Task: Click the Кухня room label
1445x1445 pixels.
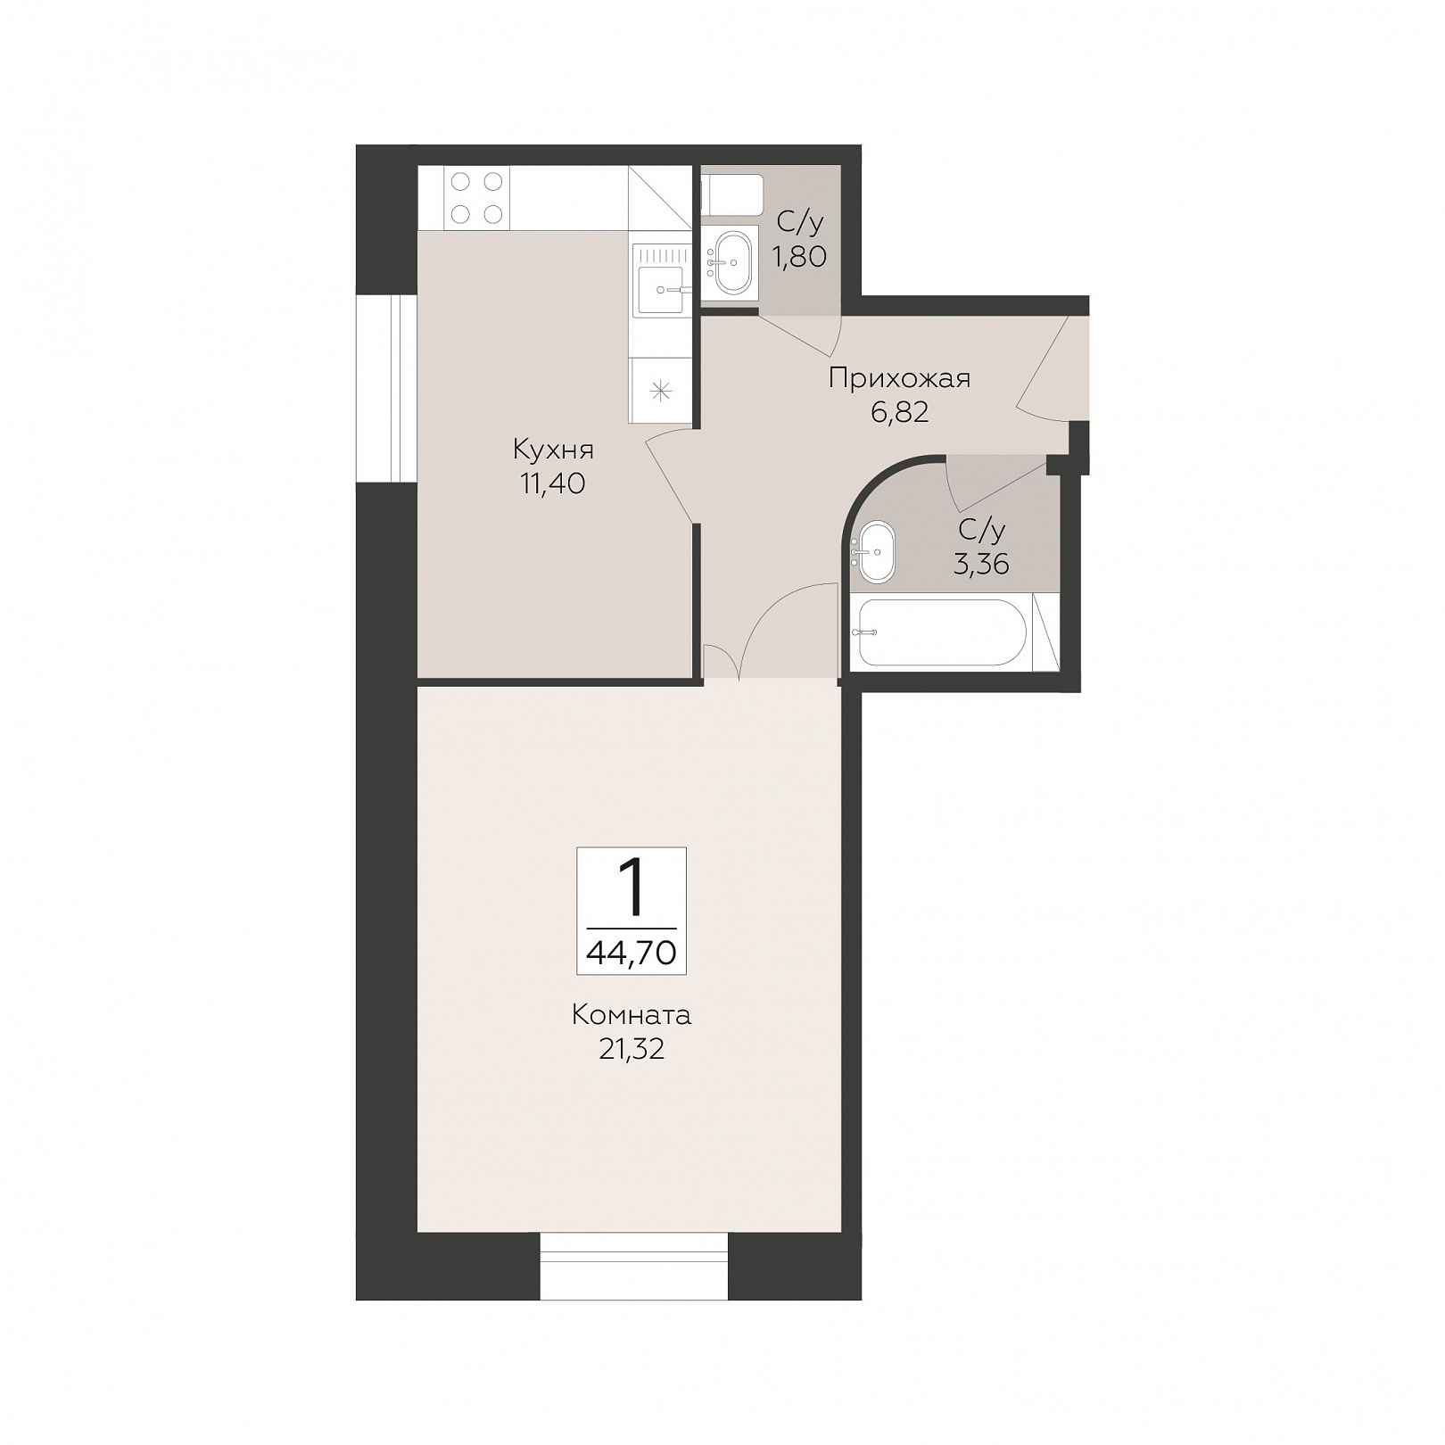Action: coord(553,450)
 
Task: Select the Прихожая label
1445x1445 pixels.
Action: coord(899,378)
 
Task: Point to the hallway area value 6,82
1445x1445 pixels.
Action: coord(899,412)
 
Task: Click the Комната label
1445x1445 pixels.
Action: coord(632,1015)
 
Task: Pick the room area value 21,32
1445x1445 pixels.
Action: coord(632,1050)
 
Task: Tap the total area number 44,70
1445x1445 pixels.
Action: coord(632,953)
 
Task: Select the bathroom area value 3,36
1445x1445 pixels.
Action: coord(981,564)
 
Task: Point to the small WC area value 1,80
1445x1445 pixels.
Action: coord(800,257)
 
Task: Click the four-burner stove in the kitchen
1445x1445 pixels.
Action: coord(476,197)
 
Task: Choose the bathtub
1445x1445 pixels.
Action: coord(942,632)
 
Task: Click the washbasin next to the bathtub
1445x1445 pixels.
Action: coord(875,552)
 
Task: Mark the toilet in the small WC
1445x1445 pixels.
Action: coord(732,196)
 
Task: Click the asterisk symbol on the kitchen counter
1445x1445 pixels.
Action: coord(660,390)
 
